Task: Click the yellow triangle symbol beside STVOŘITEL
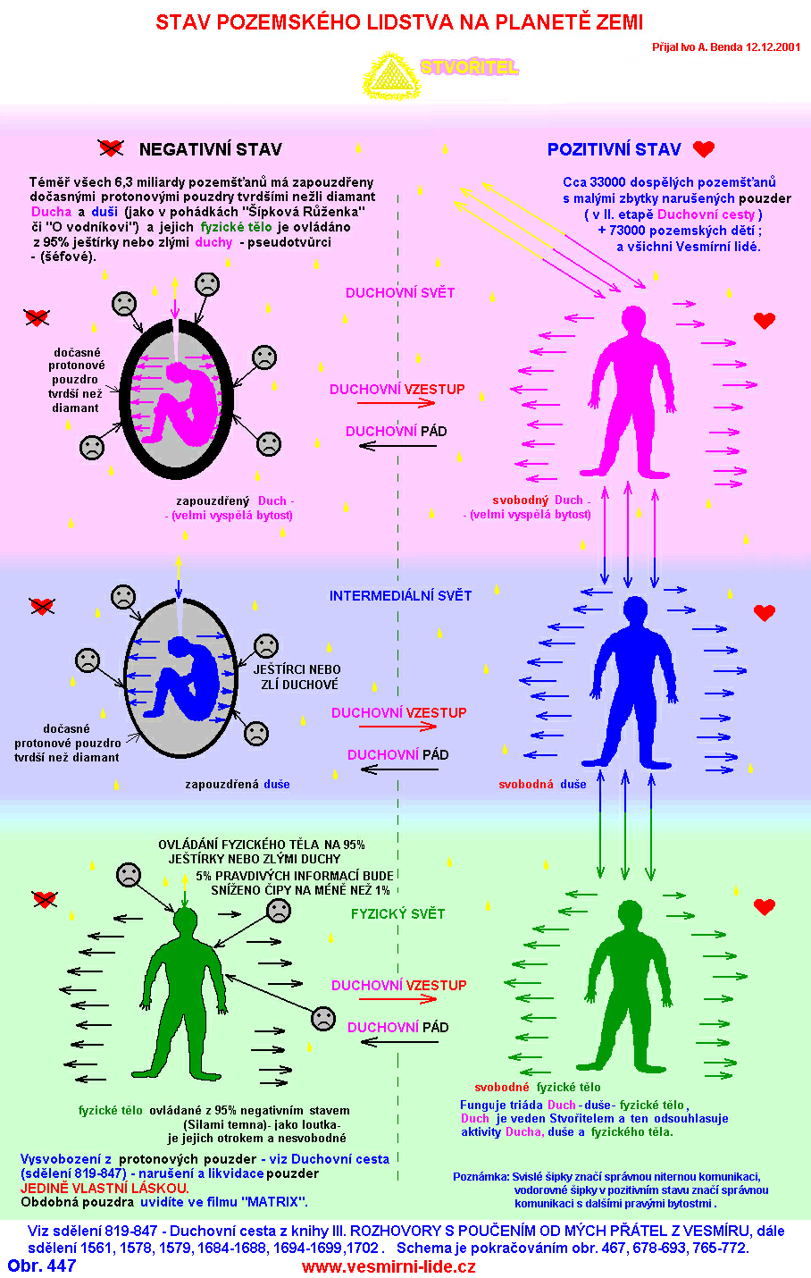[x=390, y=77]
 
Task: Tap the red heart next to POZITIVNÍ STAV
[x=704, y=149]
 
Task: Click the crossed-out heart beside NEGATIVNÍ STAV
[x=110, y=148]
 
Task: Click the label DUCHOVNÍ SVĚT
[x=400, y=292]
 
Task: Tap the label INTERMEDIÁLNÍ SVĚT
[x=400, y=595]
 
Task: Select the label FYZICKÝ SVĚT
[x=397, y=913]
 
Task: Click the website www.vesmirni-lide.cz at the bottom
[x=389, y=1266]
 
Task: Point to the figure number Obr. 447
[x=42, y=1265]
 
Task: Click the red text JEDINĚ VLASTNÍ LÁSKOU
[x=105, y=1188]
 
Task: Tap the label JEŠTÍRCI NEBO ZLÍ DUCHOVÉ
[x=297, y=677]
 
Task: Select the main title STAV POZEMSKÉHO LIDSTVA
[x=399, y=22]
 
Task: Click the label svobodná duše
[x=542, y=784]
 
